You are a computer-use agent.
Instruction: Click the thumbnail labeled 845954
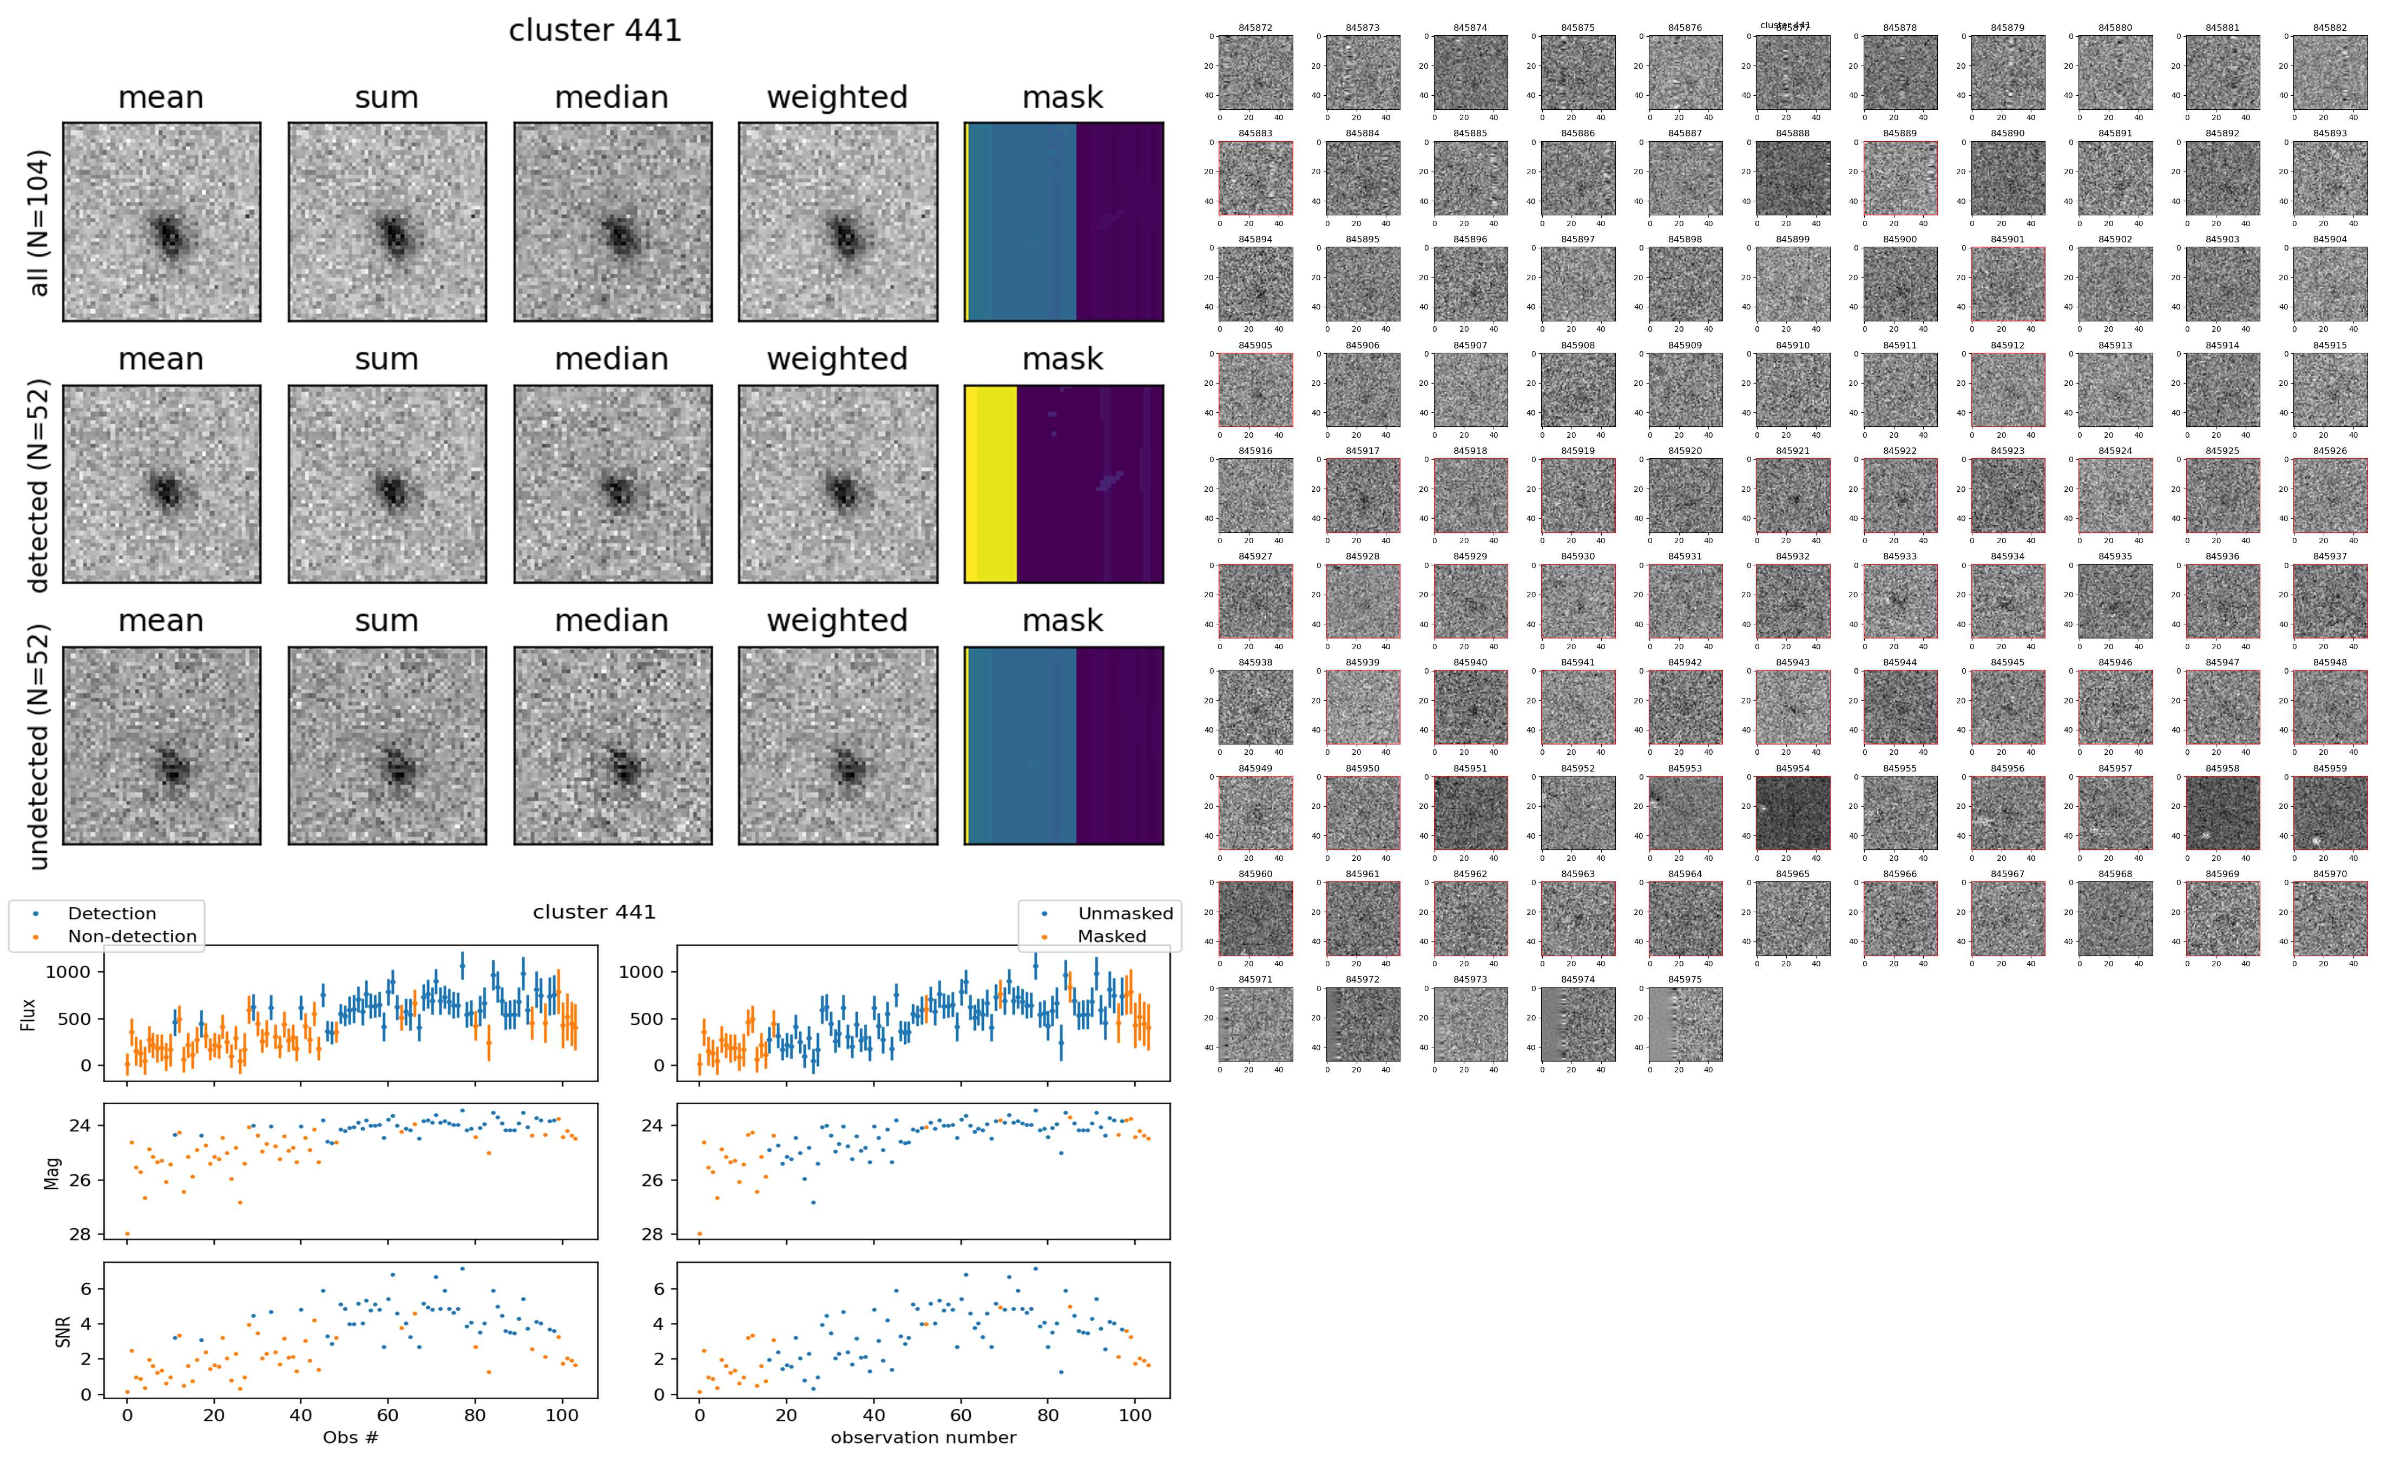click(x=1793, y=813)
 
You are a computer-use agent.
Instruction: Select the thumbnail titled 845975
click(x=1686, y=1024)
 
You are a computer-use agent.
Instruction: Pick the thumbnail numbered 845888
click(x=1793, y=178)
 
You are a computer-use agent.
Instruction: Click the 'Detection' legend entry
click(x=111, y=913)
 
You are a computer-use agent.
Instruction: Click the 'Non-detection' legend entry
click(x=131, y=935)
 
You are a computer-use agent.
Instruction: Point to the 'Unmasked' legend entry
click(x=1125, y=913)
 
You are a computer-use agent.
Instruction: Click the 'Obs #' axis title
click(x=350, y=1437)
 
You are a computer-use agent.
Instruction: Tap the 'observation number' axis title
click(x=923, y=1437)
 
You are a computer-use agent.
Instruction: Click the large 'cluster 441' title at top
click(x=595, y=31)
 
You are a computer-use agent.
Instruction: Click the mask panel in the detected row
click(x=1063, y=484)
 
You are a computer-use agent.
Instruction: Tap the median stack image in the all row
click(x=613, y=222)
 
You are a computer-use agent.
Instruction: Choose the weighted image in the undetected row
click(x=838, y=745)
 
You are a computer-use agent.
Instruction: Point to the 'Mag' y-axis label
click(x=53, y=1172)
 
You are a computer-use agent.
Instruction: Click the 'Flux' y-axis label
click(x=29, y=1014)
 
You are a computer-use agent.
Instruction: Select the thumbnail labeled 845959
click(x=2330, y=813)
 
